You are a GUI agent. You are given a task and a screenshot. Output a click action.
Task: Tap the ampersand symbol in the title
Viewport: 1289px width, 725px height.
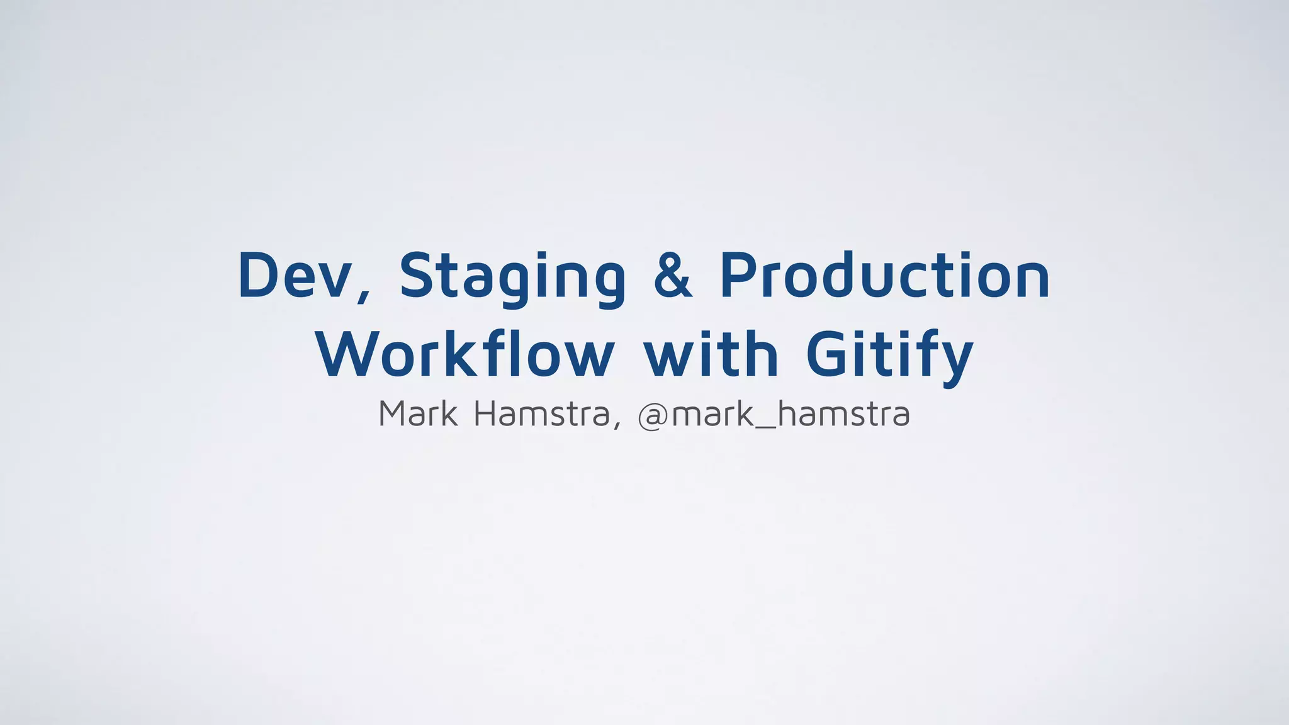673,275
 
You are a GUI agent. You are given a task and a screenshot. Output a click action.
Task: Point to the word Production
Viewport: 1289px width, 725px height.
884,275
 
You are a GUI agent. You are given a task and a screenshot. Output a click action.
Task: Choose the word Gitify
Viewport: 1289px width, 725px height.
889,354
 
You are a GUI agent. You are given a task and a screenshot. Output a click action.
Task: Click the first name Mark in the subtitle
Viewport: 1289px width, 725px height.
418,414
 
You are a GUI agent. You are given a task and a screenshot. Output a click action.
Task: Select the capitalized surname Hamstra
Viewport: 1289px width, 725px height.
541,414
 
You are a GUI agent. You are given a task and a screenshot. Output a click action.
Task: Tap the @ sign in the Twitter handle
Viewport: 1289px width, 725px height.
653,416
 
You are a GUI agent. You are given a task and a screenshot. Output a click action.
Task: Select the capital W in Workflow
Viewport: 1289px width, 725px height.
349,354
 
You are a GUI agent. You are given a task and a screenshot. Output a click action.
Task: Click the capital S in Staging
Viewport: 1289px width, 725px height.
419,275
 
